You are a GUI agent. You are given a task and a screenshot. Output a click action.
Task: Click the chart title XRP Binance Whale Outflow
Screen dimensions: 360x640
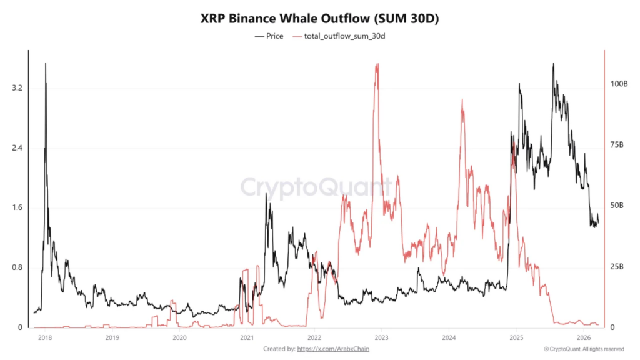pos(319,19)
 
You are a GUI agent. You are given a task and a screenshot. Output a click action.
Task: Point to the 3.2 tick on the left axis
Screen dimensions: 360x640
pos(17,88)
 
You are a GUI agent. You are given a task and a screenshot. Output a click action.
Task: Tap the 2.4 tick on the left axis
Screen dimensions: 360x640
pos(17,148)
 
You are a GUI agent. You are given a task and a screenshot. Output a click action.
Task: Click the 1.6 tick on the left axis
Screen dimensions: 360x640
pos(17,207)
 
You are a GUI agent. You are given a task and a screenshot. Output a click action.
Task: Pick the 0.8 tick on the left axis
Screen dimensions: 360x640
pos(17,267)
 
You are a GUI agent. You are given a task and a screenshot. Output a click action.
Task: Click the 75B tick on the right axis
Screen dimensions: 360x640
pos(617,144)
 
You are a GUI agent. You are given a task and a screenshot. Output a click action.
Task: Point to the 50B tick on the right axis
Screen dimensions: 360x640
pos(617,206)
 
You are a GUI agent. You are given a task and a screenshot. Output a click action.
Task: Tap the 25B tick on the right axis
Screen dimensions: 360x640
pos(617,267)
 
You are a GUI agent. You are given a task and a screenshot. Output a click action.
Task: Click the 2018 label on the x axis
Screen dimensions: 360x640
pos(44,338)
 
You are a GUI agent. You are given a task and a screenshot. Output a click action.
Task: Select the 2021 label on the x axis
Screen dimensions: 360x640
pos(247,338)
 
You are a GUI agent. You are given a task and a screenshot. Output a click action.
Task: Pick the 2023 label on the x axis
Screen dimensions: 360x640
pos(381,338)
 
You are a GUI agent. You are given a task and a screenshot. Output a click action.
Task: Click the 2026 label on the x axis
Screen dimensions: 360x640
pos(583,338)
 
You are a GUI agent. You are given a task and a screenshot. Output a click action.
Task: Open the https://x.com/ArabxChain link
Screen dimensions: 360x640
pos(332,349)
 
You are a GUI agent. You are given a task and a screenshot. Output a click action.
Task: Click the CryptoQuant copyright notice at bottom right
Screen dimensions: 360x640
pos(583,349)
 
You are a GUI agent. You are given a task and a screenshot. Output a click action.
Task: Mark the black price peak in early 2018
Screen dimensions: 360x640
pos(45,64)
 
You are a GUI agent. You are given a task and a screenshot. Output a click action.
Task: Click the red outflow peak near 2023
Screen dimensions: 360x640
pos(376,65)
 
